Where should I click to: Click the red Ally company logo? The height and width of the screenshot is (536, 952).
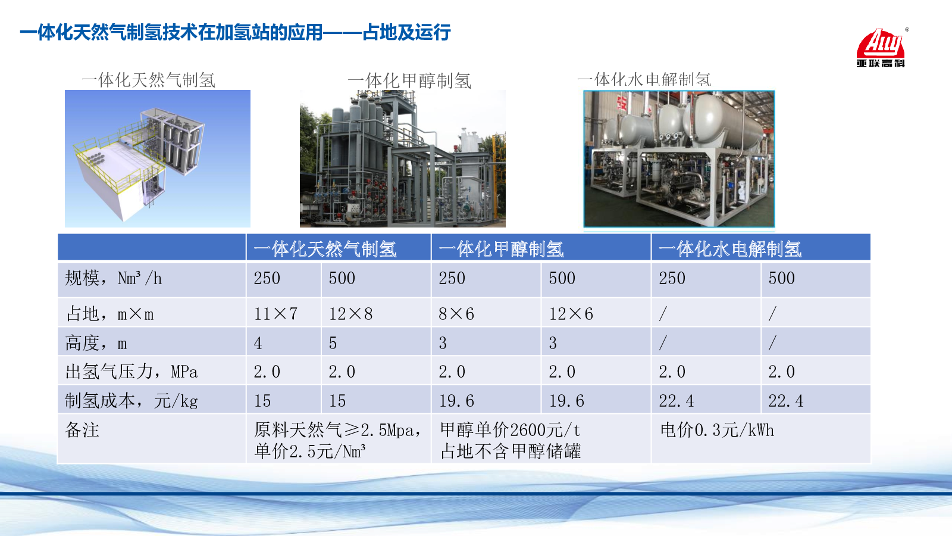[x=881, y=48]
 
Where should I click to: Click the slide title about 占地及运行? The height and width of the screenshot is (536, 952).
[x=235, y=33]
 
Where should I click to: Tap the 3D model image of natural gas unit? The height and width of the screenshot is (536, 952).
[x=157, y=158]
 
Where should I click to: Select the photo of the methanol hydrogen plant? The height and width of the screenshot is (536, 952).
[x=402, y=158]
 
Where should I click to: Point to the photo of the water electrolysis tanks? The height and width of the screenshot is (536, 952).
[x=679, y=158]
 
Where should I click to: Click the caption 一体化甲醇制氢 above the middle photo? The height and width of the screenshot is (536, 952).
[x=409, y=81]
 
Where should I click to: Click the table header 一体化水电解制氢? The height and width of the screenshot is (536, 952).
[x=729, y=250]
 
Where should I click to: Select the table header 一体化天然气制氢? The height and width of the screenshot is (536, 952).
[x=325, y=250]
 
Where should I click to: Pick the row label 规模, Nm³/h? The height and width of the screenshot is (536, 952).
[x=114, y=278]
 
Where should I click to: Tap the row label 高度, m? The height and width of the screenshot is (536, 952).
[x=96, y=343]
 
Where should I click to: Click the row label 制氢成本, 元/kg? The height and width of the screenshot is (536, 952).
[x=131, y=401]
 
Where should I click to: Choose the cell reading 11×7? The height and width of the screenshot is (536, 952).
[x=275, y=314]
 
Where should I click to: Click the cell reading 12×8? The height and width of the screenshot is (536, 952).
[x=350, y=314]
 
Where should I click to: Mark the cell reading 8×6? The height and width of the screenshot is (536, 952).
[x=456, y=314]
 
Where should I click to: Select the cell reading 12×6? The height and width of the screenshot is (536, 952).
[x=571, y=314]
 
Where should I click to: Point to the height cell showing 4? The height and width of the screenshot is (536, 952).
[x=258, y=343]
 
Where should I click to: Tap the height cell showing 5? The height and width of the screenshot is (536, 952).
[x=333, y=343]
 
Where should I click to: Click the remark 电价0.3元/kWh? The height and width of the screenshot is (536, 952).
[x=717, y=430]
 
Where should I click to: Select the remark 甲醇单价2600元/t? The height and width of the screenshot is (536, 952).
[x=510, y=430]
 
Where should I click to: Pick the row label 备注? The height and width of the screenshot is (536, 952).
[x=82, y=430]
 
